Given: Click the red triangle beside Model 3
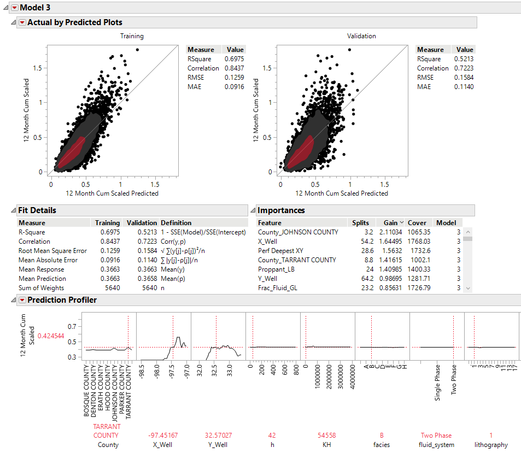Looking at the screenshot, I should coord(14,8).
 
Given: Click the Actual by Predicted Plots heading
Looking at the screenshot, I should coord(75,22).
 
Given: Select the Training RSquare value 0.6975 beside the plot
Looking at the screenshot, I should coord(235,58).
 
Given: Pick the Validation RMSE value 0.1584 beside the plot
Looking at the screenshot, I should coord(464,78).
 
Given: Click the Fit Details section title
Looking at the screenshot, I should coord(37,210).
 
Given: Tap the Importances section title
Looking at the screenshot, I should coord(281,210).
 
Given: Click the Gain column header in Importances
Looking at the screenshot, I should coord(391,223).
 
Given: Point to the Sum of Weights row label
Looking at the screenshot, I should coord(42,288).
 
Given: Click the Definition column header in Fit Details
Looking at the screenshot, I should coord(176,223).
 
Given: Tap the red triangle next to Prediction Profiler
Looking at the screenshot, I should coord(22,300).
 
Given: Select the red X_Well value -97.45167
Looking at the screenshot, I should coord(163,436).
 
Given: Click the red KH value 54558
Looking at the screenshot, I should coord(327,436).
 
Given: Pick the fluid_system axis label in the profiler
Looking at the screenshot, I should coord(436,445).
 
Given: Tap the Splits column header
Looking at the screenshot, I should coord(360,223).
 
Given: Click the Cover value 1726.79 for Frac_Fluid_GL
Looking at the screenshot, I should coord(419,288).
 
